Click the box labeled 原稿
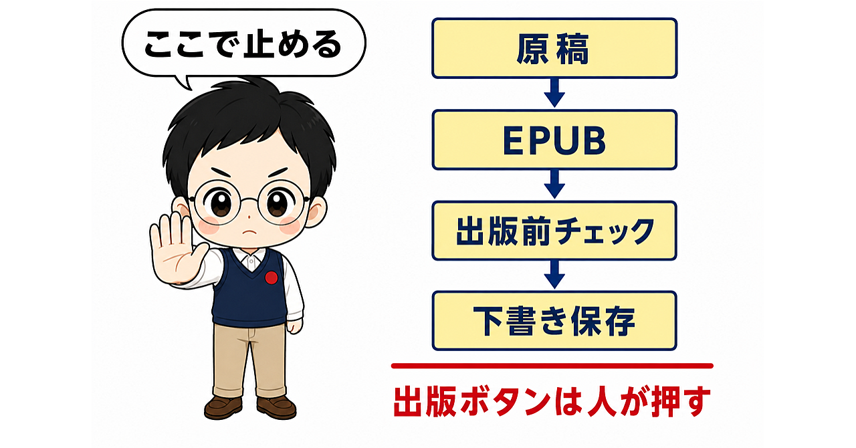click(554, 48)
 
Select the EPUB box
click(554, 140)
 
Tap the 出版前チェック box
click(554, 231)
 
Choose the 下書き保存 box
click(554, 321)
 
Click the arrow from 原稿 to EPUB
click(554, 93)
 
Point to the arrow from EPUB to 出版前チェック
click(554, 185)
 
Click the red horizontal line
click(552, 366)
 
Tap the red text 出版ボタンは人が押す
click(552, 401)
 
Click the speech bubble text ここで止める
click(243, 45)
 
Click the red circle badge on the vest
click(272, 277)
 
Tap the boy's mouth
click(249, 232)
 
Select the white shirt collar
click(250, 258)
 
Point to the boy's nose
click(249, 217)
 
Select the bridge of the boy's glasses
click(249, 200)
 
